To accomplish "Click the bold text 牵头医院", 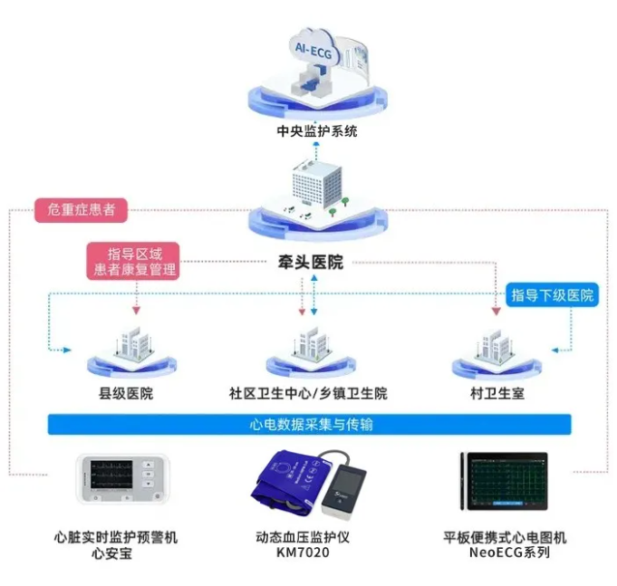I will click(310, 263).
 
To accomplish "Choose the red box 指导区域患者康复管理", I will click(134, 260).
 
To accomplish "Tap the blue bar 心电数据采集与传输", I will click(310, 424).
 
